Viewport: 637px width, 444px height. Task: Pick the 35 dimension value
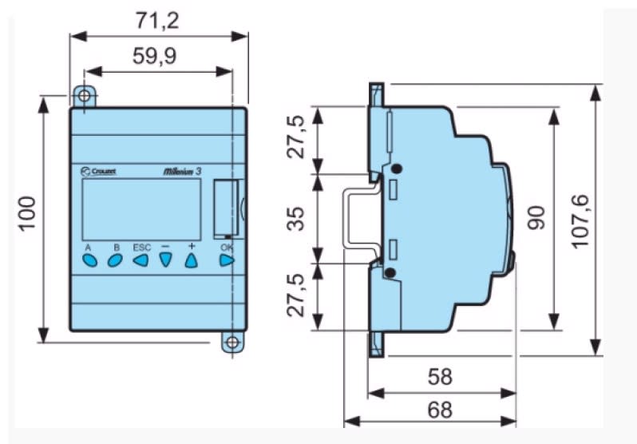pyautogui.click(x=296, y=216)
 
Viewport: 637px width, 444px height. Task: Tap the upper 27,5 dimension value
pyautogui.click(x=296, y=137)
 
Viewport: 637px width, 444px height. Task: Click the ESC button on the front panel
pyautogui.click(x=140, y=260)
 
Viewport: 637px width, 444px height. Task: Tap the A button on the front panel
pyautogui.click(x=89, y=260)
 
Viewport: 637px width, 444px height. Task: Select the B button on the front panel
pyautogui.click(x=115, y=260)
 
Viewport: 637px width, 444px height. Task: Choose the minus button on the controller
pyautogui.click(x=166, y=260)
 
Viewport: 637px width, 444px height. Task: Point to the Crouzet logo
pyautogui.click(x=99, y=170)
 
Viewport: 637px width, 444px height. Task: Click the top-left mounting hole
pyautogui.click(x=84, y=96)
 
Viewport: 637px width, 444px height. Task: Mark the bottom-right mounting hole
pyautogui.click(x=231, y=343)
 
